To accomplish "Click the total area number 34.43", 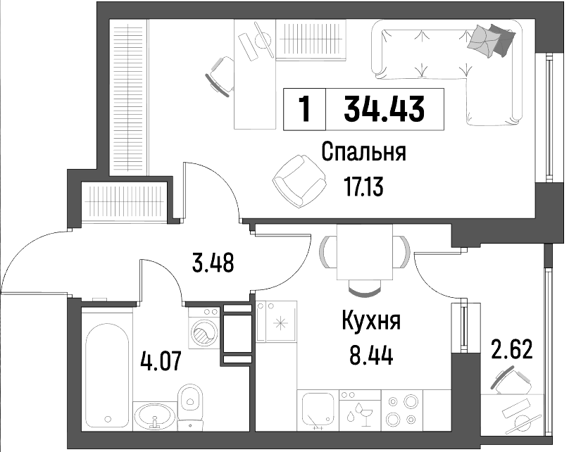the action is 384,109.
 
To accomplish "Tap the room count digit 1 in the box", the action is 305,109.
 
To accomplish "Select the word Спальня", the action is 363,152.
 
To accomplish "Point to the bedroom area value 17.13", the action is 363,188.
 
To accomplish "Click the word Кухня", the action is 371,322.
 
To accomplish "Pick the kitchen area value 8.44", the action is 371,356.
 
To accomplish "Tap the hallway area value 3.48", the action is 213,263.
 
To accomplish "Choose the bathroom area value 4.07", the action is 161,361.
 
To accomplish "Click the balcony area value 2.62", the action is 512,349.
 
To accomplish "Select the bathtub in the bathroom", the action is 107,376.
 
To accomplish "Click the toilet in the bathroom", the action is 190,407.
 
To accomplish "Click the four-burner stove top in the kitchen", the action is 402,410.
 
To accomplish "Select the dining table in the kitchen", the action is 365,252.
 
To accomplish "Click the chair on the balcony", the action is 509,381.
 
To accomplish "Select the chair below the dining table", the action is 365,289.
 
